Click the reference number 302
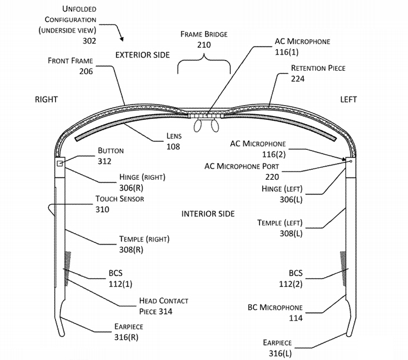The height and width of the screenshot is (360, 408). click(x=89, y=41)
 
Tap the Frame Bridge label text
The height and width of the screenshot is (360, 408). click(x=204, y=34)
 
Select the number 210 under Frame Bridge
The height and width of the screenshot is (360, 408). click(x=203, y=45)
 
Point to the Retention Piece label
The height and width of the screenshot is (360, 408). click(x=318, y=68)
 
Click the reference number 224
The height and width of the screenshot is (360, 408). click(x=298, y=79)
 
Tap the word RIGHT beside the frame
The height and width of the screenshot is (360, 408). click(x=46, y=99)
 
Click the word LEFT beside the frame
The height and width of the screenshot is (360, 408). click(x=349, y=99)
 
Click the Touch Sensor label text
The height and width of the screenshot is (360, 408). click(x=120, y=199)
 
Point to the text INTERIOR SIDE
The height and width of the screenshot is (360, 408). click(x=208, y=213)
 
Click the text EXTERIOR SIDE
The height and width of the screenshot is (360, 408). click(x=143, y=55)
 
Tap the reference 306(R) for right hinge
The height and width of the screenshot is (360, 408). click(x=131, y=187)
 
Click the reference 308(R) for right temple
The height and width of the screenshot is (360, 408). click(x=131, y=249)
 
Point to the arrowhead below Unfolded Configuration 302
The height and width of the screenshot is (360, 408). click(x=122, y=40)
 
